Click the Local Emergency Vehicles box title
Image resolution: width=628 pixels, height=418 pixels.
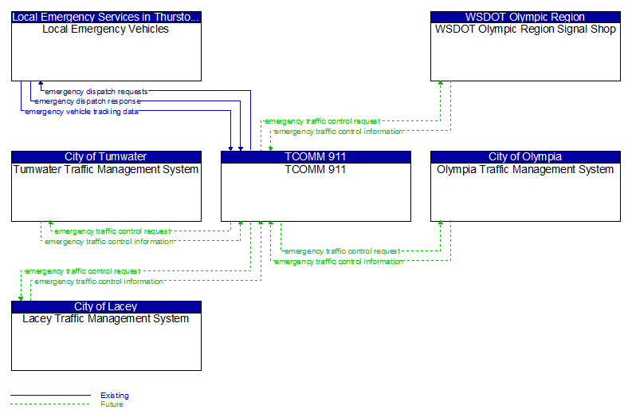pyautogui.click(x=106, y=30)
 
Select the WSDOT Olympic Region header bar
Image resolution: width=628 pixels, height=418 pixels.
pyautogui.click(x=525, y=18)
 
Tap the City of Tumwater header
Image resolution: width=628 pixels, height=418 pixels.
pyautogui.click(x=106, y=156)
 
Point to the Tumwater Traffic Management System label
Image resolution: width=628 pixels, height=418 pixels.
pyautogui.click(x=106, y=170)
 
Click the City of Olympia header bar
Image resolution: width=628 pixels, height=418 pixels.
pyautogui.click(x=525, y=156)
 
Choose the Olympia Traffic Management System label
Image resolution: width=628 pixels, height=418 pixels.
pyautogui.click(x=525, y=170)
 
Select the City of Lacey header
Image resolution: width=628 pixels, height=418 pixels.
pyautogui.click(x=106, y=306)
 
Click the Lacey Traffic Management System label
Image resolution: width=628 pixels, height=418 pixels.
pyautogui.click(x=106, y=318)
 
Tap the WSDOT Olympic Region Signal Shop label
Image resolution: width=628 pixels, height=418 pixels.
pyautogui.click(x=525, y=30)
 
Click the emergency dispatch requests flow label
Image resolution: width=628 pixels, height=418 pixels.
pyautogui.click(x=96, y=92)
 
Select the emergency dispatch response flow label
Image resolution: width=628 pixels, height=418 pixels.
pyautogui.click(x=88, y=101)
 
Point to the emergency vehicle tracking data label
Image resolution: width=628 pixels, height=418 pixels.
pyautogui.click(x=82, y=112)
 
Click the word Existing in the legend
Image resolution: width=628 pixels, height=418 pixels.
pyautogui.click(x=115, y=396)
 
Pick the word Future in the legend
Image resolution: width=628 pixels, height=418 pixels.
pyautogui.click(x=112, y=404)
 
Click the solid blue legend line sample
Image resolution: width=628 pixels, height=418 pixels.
pyautogui.click(x=50, y=396)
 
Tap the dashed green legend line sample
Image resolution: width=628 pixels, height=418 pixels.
pyautogui.click(x=50, y=404)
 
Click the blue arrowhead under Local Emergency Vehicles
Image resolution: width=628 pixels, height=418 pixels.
pyautogui.click(x=41, y=83)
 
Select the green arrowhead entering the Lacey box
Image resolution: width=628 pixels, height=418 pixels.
pyautogui.click(x=21, y=298)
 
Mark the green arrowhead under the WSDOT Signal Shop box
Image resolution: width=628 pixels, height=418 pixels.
pyautogui.click(x=441, y=83)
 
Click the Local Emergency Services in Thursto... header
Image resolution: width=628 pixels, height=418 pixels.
pyautogui.click(x=106, y=18)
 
